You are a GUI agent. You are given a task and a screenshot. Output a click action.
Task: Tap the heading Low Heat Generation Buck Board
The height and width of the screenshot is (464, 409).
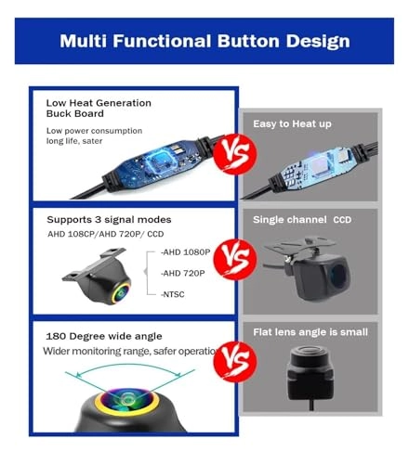click(x=99, y=109)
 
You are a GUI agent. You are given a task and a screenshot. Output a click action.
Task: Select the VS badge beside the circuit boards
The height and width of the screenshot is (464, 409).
click(x=235, y=154)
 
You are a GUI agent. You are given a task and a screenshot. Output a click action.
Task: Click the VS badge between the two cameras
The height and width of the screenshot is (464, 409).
click(x=235, y=259)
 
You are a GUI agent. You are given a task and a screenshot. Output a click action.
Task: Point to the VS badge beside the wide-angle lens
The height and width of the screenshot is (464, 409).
click(x=235, y=362)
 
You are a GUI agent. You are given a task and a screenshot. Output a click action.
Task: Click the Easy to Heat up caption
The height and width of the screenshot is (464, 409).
click(x=292, y=124)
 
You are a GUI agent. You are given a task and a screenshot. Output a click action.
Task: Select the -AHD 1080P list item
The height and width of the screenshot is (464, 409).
click(x=185, y=252)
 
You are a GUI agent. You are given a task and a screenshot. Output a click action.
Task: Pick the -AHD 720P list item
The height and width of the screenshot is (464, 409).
click(x=182, y=273)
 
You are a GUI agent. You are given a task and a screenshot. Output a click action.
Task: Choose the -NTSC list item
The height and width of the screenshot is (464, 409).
click(x=172, y=294)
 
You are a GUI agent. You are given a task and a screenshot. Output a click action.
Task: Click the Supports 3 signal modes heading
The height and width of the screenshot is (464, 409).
click(x=109, y=220)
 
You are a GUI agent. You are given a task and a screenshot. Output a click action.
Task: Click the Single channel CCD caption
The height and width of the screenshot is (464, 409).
click(x=302, y=220)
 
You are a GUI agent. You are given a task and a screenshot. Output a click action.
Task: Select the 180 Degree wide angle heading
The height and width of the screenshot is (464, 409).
click(x=104, y=336)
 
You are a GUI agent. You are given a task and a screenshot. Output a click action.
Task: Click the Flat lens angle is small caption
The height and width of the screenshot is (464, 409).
click(x=310, y=332)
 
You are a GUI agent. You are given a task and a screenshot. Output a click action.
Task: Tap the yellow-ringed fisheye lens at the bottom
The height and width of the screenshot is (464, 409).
click(x=127, y=401)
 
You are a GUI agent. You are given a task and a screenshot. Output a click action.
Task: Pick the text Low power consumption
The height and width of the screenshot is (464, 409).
click(x=94, y=131)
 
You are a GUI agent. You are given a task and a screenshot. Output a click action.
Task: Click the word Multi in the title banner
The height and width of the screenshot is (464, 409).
click(x=83, y=41)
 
